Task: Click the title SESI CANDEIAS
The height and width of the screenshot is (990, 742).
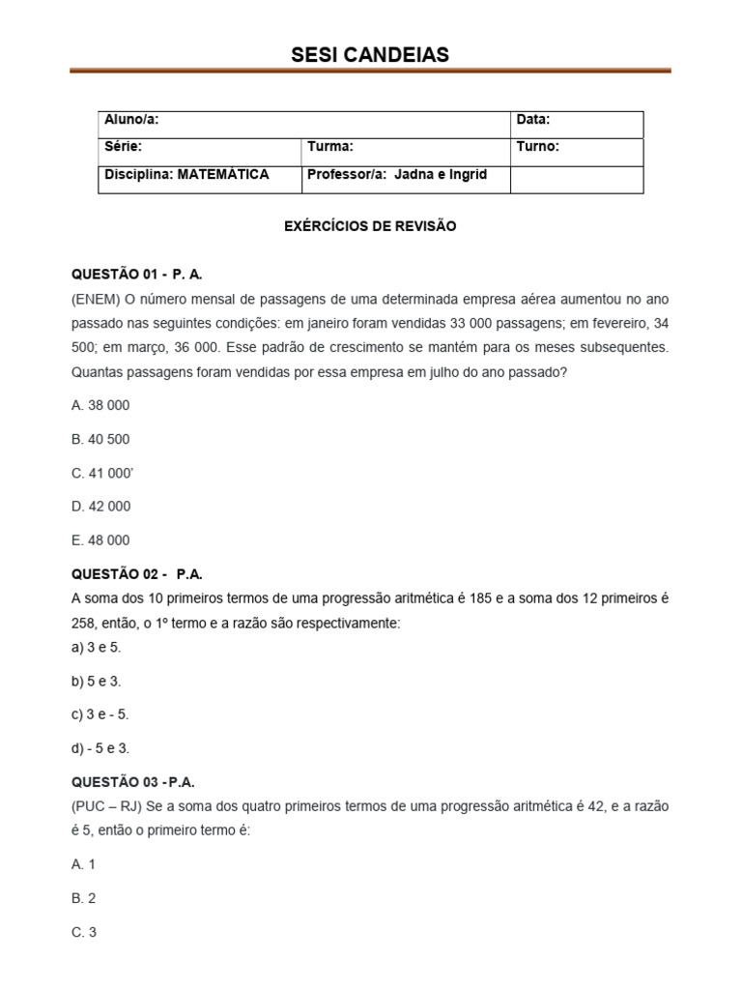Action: pos(370,55)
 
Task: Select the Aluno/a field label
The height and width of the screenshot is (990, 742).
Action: pos(131,120)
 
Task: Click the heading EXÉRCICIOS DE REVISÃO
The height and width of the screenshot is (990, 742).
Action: pos(370,226)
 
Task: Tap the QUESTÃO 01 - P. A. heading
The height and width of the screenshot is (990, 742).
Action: pos(137,275)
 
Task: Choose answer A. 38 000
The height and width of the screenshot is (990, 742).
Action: pos(100,405)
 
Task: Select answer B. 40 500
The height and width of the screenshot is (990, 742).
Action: pos(100,439)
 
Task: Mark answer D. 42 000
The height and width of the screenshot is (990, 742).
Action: pos(100,507)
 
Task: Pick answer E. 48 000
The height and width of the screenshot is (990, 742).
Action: pos(100,540)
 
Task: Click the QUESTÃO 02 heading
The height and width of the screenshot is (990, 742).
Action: pos(137,574)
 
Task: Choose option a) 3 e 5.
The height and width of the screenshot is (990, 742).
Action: pos(96,647)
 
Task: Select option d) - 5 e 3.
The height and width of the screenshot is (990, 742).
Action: pos(100,748)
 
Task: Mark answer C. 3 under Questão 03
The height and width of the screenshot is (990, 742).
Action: pos(84,932)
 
